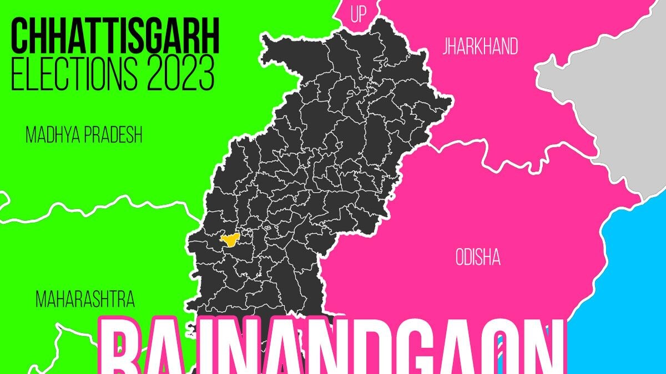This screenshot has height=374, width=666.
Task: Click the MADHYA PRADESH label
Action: coord(84,135)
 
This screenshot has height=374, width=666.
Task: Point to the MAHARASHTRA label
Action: coord(84,300)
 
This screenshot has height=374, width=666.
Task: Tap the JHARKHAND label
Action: coord(480,47)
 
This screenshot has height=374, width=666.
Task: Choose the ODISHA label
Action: coord(478,257)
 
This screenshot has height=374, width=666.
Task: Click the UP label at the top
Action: coord(359,14)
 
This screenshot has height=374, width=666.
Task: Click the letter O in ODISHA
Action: coord(460,257)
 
